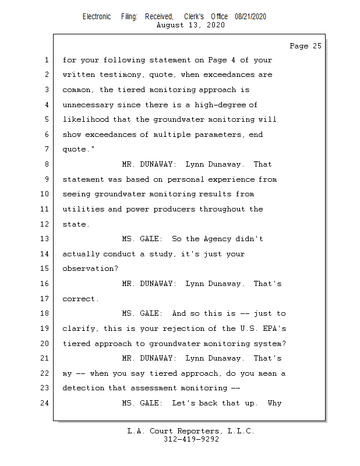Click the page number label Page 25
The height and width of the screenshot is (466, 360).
click(305, 46)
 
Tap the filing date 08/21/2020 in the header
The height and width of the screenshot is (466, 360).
click(250, 17)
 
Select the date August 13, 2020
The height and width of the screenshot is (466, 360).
click(191, 25)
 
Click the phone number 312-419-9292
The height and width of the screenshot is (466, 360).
click(191, 439)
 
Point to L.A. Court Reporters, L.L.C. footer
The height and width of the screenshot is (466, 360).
click(191, 431)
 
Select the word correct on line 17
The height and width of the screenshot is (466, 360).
click(79, 299)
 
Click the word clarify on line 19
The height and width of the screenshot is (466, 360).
click(79, 329)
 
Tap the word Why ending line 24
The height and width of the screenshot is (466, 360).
click(275, 403)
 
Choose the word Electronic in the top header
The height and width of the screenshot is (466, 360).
click(97, 17)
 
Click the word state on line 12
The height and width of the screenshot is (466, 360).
click(75, 224)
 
